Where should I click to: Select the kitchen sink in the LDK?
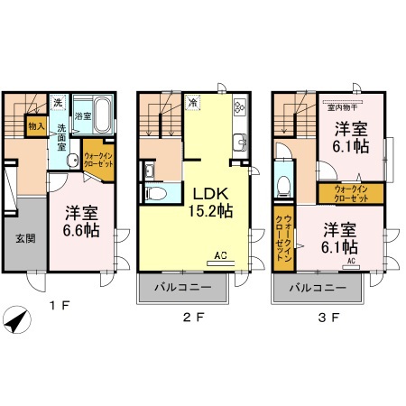pyautogui.click(x=239, y=141)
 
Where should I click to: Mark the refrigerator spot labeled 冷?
pyautogui.click(x=193, y=103)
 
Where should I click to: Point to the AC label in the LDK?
pyautogui.click(x=220, y=257)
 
